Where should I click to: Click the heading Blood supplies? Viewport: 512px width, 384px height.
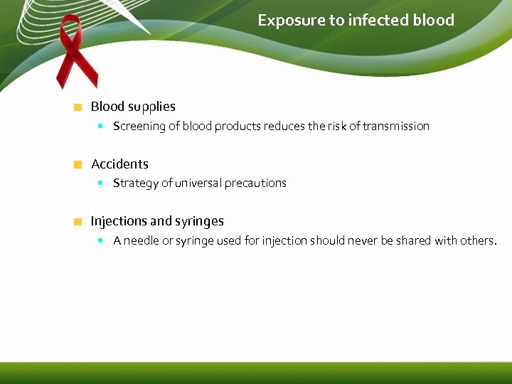pyautogui.click(x=133, y=107)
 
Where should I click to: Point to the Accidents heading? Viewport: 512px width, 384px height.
pyautogui.click(x=119, y=164)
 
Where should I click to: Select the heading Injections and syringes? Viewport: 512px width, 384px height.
pyautogui.click(x=157, y=221)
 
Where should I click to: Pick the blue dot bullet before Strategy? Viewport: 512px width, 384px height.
pyautogui.click(x=101, y=183)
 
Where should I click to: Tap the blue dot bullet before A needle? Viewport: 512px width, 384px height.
pyautogui.click(x=101, y=240)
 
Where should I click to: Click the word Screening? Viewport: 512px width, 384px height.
pyautogui.click(x=139, y=127)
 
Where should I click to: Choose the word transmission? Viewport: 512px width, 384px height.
pyautogui.click(x=396, y=127)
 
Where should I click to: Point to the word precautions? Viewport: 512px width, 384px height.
pyautogui.click(x=255, y=183)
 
